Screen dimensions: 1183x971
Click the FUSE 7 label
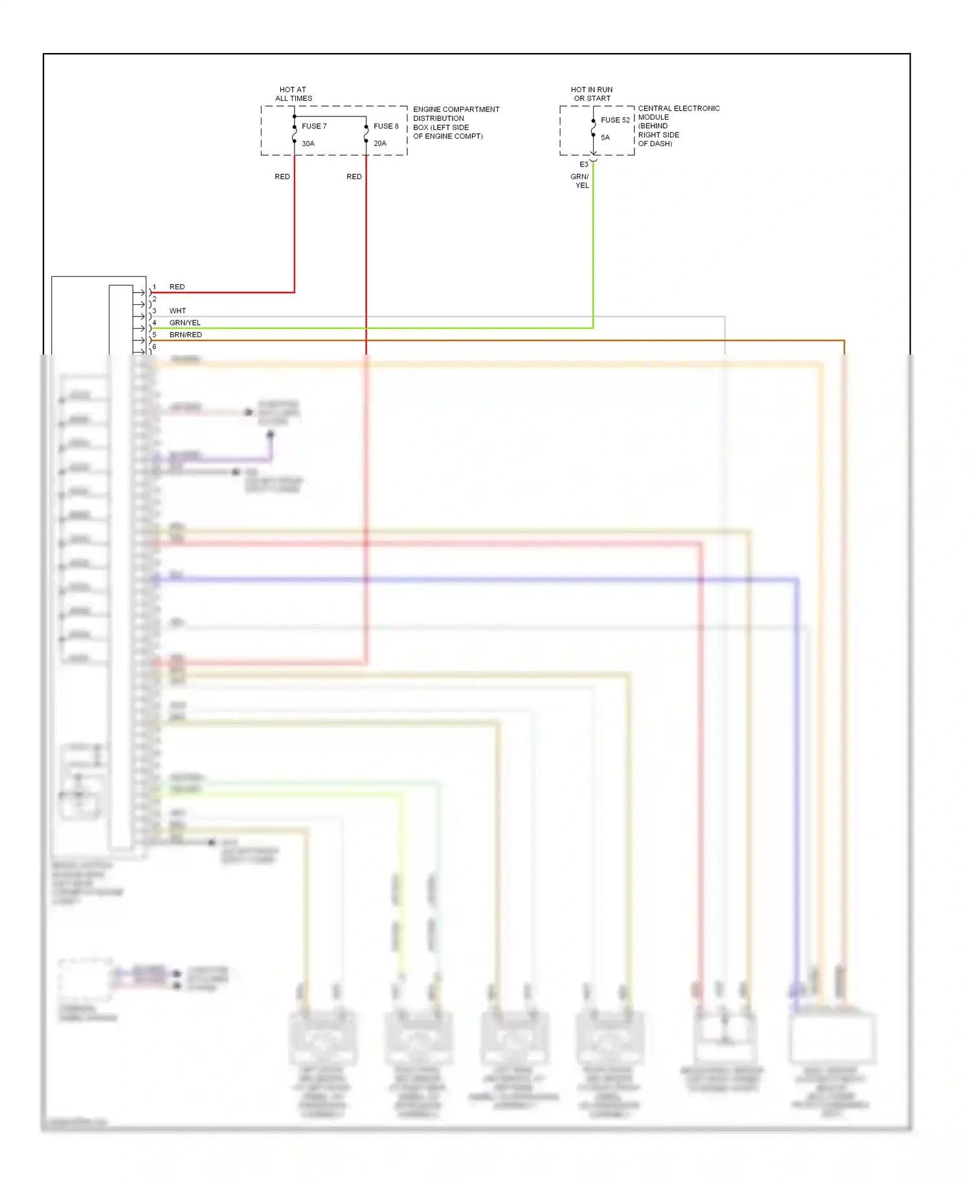[x=314, y=126]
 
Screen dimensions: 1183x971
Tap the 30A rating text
[x=308, y=144]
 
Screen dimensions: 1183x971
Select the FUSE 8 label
[x=386, y=126]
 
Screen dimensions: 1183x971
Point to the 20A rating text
[x=380, y=144]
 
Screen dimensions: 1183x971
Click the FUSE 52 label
[x=615, y=120]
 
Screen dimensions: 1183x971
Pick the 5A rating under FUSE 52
[x=605, y=137]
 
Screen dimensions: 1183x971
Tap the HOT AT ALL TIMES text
[x=293, y=94]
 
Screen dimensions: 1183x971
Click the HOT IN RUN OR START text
[x=592, y=94]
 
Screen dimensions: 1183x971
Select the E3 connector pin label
[x=584, y=164]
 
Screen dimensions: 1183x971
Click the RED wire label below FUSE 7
[x=282, y=177]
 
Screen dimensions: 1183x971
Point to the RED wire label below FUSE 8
[x=354, y=177]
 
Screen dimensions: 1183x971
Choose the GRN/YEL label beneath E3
[x=580, y=181]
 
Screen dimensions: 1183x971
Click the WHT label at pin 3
[x=177, y=311]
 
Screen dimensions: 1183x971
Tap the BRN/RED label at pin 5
[x=186, y=335]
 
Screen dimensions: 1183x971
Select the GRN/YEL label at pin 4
[x=185, y=322]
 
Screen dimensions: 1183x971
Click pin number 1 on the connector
[x=154, y=287]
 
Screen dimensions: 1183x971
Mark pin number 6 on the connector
[x=154, y=347]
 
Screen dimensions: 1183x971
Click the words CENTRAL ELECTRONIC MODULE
[x=678, y=113]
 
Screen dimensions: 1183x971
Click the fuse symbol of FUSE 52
[x=593, y=128]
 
